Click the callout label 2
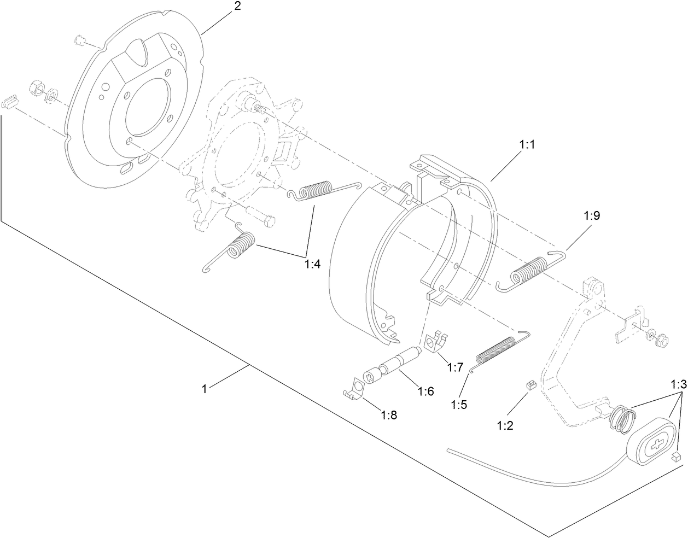coord(237,7)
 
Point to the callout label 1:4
coord(312,264)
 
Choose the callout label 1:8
coord(389,414)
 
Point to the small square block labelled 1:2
coord(529,386)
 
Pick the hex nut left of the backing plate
coord(36,87)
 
